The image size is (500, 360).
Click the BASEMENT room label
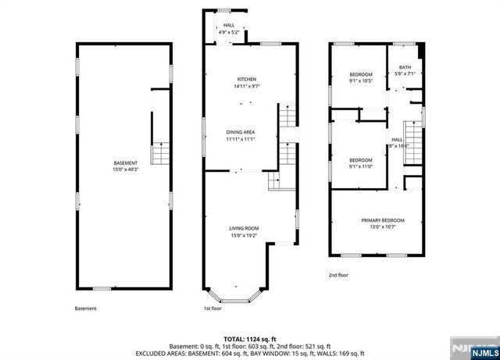tap(126, 162)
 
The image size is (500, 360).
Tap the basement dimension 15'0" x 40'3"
tap(126, 169)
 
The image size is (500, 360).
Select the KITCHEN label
tap(247, 80)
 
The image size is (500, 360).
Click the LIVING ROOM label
tap(245, 228)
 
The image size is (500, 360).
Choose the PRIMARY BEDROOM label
tap(382, 220)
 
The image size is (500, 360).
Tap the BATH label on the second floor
tap(405, 68)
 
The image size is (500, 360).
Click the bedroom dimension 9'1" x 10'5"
tap(361, 80)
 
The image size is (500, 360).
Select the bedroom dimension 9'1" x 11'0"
tap(361, 166)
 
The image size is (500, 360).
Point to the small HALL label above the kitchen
tap(229, 26)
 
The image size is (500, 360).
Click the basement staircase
tap(161, 152)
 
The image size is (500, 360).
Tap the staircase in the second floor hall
tap(412, 141)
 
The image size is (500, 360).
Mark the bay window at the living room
tap(233, 295)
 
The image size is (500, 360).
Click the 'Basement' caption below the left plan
tap(86, 308)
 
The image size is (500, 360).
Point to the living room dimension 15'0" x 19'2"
tap(245, 235)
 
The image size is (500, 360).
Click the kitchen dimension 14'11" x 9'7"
tap(247, 87)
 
